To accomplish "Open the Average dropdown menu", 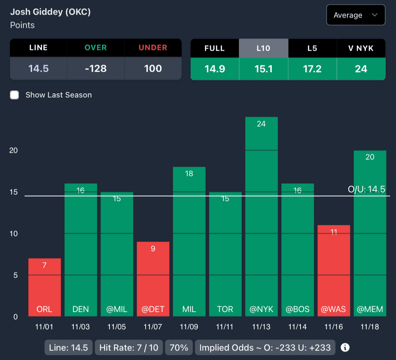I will pyautogui.click(x=355, y=15).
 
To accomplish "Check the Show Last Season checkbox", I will pyautogui.click(x=15, y=95).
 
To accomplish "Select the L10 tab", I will pyautogui.click(x=263, y=48).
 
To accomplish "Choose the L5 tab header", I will pyautogui.click(x=312, y=48).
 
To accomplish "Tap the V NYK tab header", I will pyautogui.click(x=361, y=48).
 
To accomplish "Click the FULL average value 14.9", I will pyautogui.click(x=215, y=69).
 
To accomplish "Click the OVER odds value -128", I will pyautogui.click(x=96, y=69).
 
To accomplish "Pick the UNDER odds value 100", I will pyautogui.click(x=153, y=69).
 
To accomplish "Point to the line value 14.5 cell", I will pyautogui.click(x=39, y=69).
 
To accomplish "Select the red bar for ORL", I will pyautogui.click(x=44, y=288).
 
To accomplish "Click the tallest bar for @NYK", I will pyautogui.click(x=261, y=216).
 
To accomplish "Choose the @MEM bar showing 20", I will pyautogui.click(x=370, y=232).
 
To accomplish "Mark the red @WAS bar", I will pyautogui.click(x=334, y=270).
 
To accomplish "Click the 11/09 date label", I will pyautogui.click(x=189, y=327).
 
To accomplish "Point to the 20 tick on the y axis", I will pyautogui.click(x=14, y=150).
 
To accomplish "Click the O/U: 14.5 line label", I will pyautogui.click(x=367, y=189).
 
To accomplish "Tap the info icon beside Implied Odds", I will pyautogui.click(x=345, y=347).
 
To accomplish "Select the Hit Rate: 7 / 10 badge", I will pyautogui.click(x=129, y=347).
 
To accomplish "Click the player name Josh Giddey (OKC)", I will pyautogui.click(x=50, y=12).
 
